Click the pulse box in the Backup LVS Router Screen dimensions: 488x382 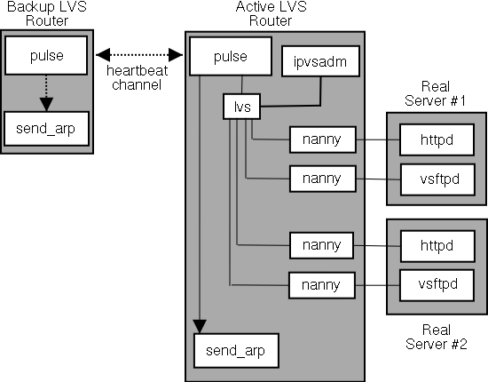[x=46, y=55]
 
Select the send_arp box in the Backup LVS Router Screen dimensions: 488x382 [x=46, y=129]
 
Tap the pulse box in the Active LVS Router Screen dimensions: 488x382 [x=231, y=56]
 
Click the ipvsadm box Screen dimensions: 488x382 [x=320, y=61]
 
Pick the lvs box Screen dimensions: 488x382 [x=242, y=107]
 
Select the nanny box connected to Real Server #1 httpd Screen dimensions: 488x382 [x=323, y=139]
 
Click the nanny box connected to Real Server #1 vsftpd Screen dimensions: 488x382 [x=323, y=179]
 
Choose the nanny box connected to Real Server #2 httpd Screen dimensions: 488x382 [x=321, y=245]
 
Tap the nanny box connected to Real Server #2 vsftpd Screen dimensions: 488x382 [x=322, y=285]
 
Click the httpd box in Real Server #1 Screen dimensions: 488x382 [x=437, y=139]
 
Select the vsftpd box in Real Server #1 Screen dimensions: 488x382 [x=438, y=179]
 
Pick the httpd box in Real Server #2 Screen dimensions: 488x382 [x=437, y=246]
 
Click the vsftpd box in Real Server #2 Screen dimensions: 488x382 [x=437, y=285]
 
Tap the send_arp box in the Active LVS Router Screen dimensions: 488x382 [x=236, y=351]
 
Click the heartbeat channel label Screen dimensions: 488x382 [x=137, y=77]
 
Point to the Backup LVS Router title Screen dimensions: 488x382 [x=47, y=13]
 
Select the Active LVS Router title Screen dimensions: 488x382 [x=272, y=13]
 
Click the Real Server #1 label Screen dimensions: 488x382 [x=435, y=93]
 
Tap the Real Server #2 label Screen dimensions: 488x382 [x=437, y=337]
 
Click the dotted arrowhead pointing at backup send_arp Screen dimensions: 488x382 [x=46, y=104]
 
